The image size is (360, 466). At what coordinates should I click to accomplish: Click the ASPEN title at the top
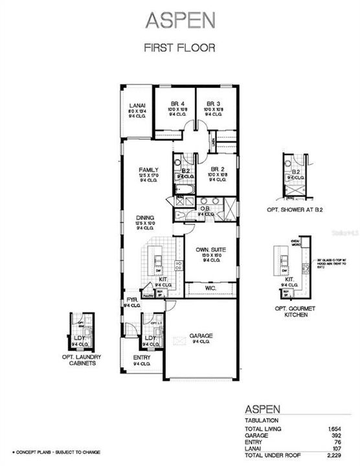tap(179, 21)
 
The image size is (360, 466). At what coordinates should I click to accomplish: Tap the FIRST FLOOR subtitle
tap(179, 47)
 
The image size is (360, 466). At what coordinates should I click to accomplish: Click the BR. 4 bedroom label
tap(178, 104)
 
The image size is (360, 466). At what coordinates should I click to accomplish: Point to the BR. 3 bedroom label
tap(210, 104)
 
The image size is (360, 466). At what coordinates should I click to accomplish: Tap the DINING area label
tap(145, 219)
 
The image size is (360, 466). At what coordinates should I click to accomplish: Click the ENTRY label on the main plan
tap(142, 357)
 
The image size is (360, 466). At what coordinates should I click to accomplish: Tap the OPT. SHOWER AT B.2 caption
tap(295, 210)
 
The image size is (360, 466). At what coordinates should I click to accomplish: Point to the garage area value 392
tap(337, 436)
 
